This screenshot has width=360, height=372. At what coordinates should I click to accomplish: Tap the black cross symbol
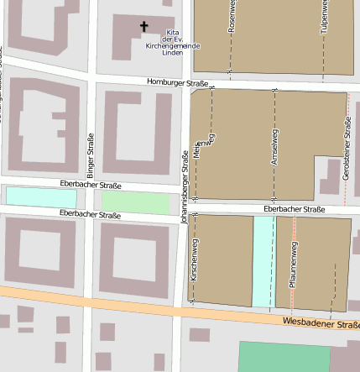(x=143, y=27)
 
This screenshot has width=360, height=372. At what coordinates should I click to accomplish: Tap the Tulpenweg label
(x=323, y=18)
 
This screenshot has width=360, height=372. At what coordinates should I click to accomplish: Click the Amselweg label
(x=274, y=148)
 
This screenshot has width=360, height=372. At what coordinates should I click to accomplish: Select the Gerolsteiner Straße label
(x=347, y=142)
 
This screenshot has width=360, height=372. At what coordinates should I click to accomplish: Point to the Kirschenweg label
(x=194, y=259)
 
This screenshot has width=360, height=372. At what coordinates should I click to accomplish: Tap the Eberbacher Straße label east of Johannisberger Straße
(x=294, y=209)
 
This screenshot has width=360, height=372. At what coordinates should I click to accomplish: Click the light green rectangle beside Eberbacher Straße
(x=135, y=202)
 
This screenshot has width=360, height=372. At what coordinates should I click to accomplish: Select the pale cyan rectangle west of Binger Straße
(x=41, y=196)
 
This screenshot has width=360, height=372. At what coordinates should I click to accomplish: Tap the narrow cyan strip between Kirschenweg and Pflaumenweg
(x=263, y=260)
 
